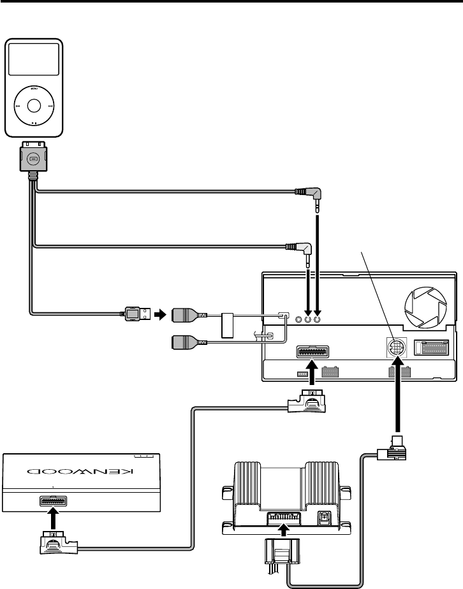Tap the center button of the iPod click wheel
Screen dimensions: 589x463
pyautogui.click(x=34, y=105)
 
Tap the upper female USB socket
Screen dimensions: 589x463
pyautogui.click(x=187, y=314)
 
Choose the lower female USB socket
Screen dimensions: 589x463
pyautogui.click(x=187, y=342)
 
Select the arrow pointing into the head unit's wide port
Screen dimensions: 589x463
pyautogui.click(x=312, y=381)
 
